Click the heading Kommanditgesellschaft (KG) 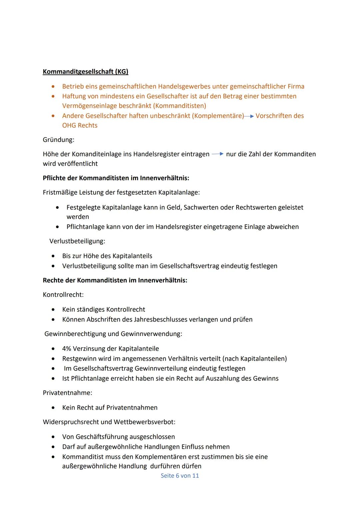click(x=85, y=72)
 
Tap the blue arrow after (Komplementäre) click(x=249, y=116)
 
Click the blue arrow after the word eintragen click(x=217, y=154)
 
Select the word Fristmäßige click(x=60, y=192)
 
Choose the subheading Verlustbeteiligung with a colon click(x=77, y=241)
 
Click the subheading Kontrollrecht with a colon click(x=63, y=295)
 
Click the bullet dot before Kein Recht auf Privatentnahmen click(x=53, y=408)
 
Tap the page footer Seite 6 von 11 click(x=180, y=476)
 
